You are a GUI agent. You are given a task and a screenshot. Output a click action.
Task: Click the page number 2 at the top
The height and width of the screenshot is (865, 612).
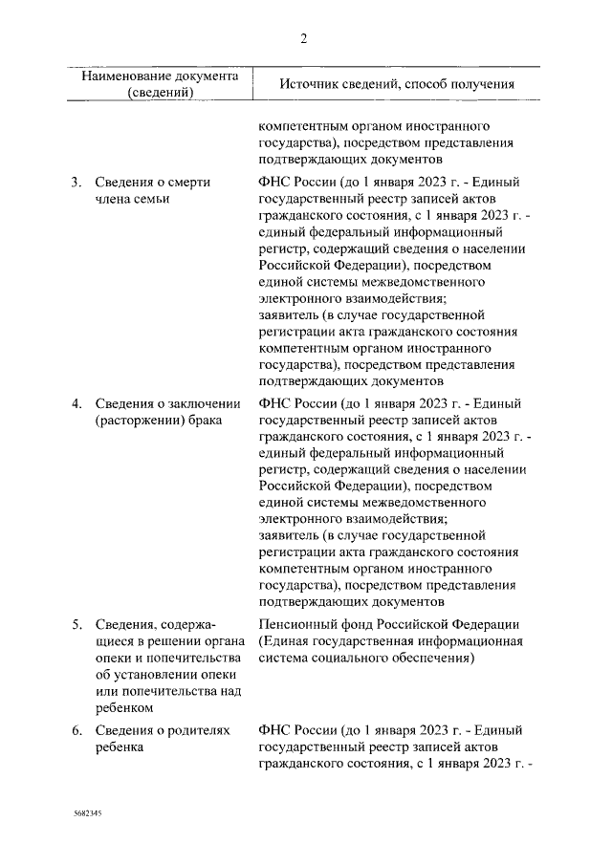point(303,38)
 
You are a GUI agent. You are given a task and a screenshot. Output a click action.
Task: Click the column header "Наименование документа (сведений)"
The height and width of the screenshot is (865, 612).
point(159,83)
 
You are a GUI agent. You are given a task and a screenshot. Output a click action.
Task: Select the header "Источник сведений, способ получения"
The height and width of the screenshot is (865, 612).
point(397,84)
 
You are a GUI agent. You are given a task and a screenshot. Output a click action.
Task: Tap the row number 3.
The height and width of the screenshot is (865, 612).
point(76,182)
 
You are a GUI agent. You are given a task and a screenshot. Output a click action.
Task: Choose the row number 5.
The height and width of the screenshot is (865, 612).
point(76,624)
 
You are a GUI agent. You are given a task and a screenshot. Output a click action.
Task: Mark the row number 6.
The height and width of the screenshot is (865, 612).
point(76,730)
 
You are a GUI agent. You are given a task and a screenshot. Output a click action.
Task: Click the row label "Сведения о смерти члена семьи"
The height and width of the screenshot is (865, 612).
point(152,190)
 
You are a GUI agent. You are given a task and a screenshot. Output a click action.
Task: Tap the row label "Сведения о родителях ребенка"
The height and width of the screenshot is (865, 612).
point(163,739)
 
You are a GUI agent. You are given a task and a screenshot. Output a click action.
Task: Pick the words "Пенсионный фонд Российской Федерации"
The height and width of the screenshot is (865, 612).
point(388,624)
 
